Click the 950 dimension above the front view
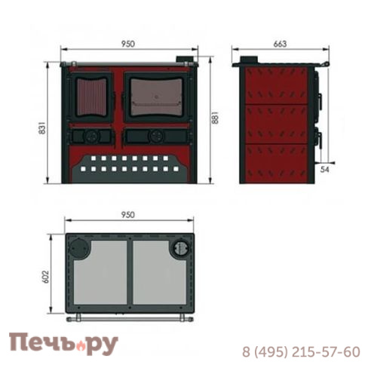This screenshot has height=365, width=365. (128, 44)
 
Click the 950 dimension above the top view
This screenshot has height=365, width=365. (128, 215)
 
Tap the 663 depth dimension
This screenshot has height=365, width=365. (280, 44)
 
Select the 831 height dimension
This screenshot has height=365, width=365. (42, 128)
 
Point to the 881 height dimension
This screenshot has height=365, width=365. (216, 118)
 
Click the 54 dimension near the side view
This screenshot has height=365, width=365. (324, 170)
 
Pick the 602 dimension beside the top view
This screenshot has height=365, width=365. (47, 277)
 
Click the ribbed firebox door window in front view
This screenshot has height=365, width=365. (91, 97)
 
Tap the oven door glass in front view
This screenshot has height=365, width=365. (156, 97)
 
